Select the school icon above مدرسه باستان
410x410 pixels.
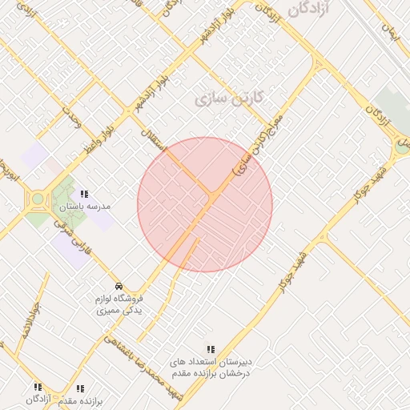84,194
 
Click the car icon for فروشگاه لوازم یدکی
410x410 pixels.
119,286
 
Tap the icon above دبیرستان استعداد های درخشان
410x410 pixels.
211,349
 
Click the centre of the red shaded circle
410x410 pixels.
205,204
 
